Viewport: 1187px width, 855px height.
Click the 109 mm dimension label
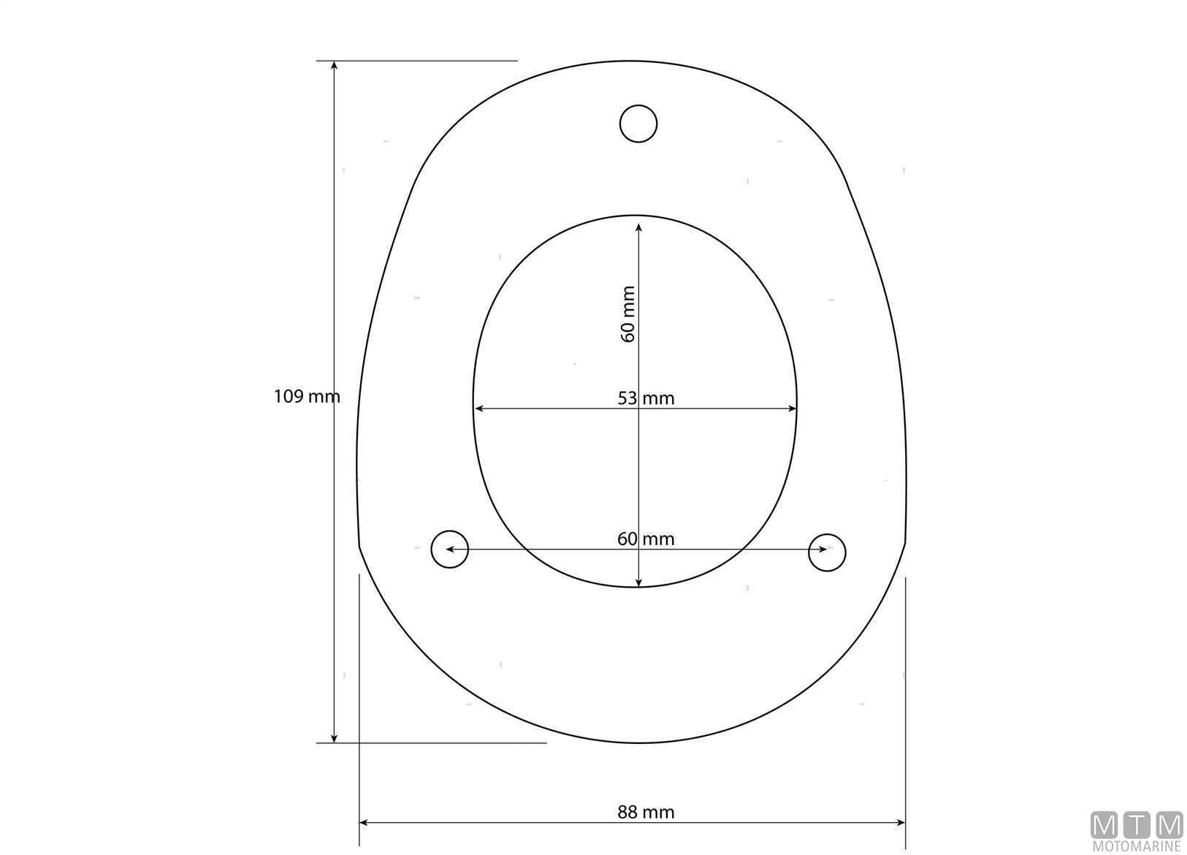[x=307, y=397]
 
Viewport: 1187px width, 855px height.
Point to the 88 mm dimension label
[x=646, y=812]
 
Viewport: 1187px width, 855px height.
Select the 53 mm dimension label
[x=646, y=398]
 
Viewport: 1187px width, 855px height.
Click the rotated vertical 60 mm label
[x=627, y=314]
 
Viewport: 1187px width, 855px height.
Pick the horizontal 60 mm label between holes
[x=646, y=539]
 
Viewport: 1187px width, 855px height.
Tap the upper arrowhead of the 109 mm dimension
[x=334, y=66]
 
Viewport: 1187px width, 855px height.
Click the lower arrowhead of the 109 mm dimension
[x=334, y=738]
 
